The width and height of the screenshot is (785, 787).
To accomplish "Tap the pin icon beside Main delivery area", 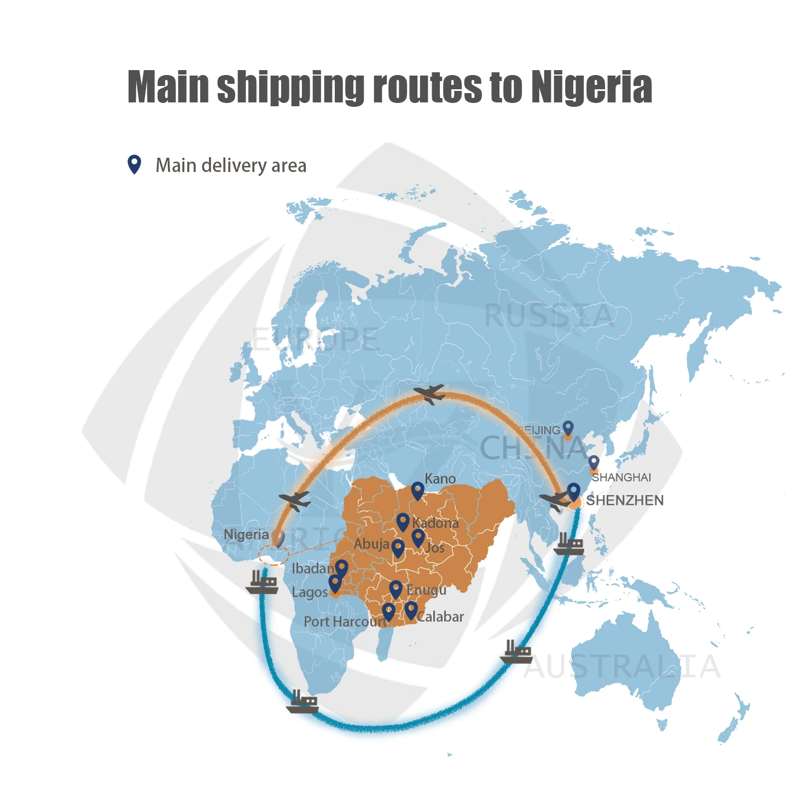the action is [x=134, y=164].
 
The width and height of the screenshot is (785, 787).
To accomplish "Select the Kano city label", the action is [x=440, y=479].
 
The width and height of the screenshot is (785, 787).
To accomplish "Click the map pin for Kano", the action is [x=417, y=491].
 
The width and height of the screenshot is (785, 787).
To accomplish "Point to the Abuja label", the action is [x=371, y=544].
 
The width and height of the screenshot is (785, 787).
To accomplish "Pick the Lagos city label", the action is [x=309, y=593].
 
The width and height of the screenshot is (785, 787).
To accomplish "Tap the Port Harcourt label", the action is [x=345, y=622].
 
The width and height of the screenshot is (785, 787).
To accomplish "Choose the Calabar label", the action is [x=441, y=617].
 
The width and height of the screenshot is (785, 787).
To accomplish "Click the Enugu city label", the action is [x=426, y=590].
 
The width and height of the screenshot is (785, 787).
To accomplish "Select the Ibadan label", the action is [x=312, y=568].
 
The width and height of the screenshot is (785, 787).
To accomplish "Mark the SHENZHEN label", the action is [x=625, y=500].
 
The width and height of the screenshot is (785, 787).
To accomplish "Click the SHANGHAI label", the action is [x=622, y=477].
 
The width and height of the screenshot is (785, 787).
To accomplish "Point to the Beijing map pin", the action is [x=568, y=428].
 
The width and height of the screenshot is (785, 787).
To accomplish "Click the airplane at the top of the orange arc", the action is [x=430, y=393].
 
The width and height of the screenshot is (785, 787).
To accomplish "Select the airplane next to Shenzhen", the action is [x=554, y=501].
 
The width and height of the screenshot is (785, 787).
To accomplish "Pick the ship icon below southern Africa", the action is [x=303, y=702].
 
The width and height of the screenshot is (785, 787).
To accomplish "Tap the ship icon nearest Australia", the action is [x=516, y=652].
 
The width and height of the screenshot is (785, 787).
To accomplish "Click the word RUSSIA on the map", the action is [x=549, y=315].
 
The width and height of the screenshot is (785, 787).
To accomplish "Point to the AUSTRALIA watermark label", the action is [x=622, y=666].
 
